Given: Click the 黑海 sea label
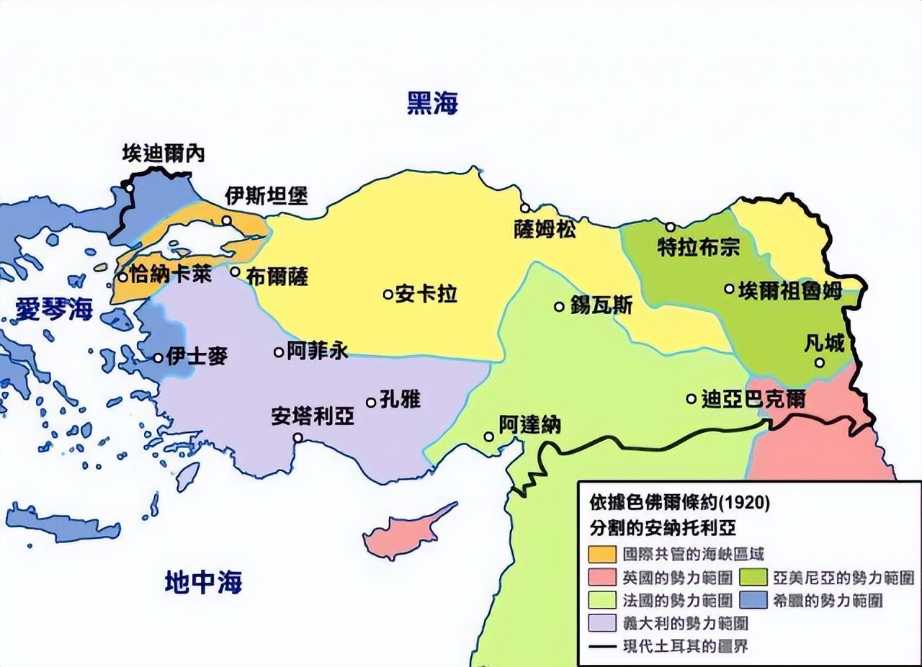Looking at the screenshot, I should point(432,104).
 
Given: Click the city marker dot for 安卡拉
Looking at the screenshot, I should point(388,294).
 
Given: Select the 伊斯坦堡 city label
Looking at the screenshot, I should point(266,195).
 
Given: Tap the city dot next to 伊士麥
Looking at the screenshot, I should point(158,357).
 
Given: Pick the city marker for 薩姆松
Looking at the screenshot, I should point(525,207).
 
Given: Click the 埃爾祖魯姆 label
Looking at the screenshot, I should point(790,290).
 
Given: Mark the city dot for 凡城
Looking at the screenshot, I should point(819,362).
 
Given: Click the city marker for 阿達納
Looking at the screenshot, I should point(488,437).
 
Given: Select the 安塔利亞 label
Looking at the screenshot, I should point(312,416).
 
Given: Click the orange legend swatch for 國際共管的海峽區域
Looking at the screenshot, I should point(602,554).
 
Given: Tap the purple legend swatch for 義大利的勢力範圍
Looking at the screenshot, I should point(602,622).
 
